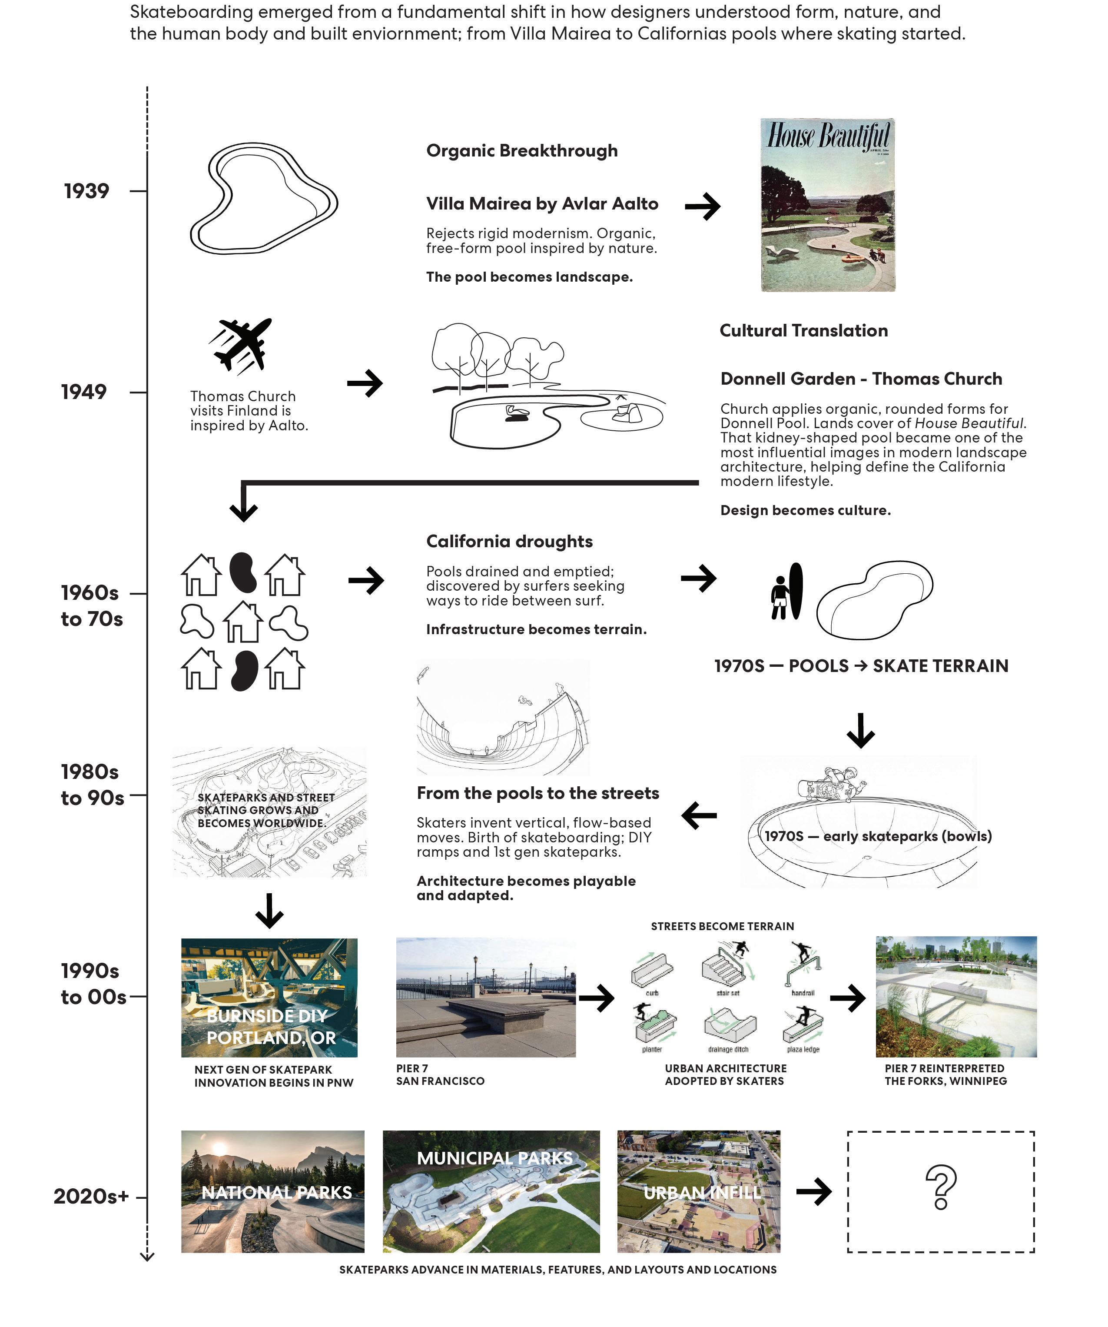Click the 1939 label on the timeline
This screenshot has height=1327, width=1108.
(86, 191)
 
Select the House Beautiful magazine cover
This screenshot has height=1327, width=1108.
(828, 205)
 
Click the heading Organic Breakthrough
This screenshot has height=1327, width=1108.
(522, 151)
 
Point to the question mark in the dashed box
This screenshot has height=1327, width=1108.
(941, 1187)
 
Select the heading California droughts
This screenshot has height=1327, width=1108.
(509, 542)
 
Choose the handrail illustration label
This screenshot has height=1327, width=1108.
(803, 993)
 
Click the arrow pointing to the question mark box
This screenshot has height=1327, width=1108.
(814, 1192)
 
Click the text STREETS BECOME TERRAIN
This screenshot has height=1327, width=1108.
(722, 926)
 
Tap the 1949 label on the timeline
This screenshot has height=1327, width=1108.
(84, 392)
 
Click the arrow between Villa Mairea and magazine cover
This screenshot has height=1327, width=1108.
(703, 206)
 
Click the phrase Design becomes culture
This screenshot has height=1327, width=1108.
(806, 511)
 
